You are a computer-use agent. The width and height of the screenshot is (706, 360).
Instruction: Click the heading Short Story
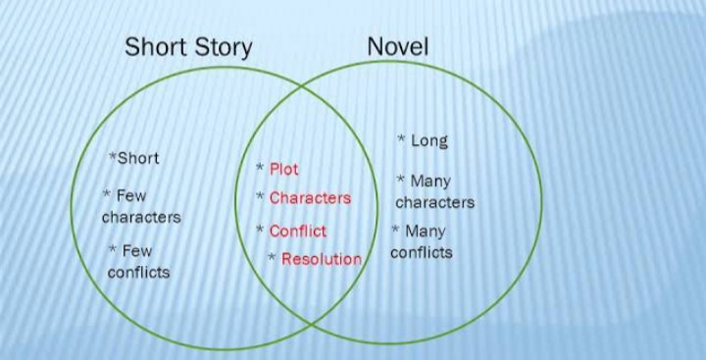click(188, 48)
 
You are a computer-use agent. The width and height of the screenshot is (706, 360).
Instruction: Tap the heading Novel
click(397, 46)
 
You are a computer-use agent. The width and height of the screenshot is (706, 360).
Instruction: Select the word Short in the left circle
click(138, 158)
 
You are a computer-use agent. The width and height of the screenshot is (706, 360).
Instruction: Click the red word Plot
click(283, 169)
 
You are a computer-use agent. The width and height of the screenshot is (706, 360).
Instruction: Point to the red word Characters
click(310, 198)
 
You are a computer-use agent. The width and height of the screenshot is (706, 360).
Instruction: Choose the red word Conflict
click(298, 231)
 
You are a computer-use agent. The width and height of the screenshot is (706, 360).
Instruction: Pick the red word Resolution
click(322, 259)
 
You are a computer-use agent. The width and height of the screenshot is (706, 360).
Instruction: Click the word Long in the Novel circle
click(429, 141)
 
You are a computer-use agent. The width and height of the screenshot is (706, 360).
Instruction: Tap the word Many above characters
click(430, 181)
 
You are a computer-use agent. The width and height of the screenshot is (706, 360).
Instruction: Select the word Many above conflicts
click(425, 231)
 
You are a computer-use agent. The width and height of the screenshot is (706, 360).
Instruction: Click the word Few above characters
click(131, 195)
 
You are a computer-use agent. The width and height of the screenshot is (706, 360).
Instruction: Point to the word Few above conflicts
click(137, 250)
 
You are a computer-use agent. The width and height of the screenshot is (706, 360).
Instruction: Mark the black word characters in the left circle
click(141, 217)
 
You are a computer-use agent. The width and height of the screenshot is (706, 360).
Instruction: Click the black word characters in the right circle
click(435, 202)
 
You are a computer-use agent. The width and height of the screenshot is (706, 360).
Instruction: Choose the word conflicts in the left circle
click(138, 272)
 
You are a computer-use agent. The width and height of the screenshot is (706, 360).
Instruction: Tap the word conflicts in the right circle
click(422, 252)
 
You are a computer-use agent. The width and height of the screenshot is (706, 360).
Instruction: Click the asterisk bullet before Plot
click(260, 167)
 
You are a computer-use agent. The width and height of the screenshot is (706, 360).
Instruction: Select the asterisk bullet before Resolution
click(272, 257)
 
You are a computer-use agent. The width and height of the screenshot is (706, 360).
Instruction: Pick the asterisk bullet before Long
click(401, 138)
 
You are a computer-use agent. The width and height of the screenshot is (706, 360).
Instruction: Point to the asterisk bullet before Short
click(113, 156)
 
